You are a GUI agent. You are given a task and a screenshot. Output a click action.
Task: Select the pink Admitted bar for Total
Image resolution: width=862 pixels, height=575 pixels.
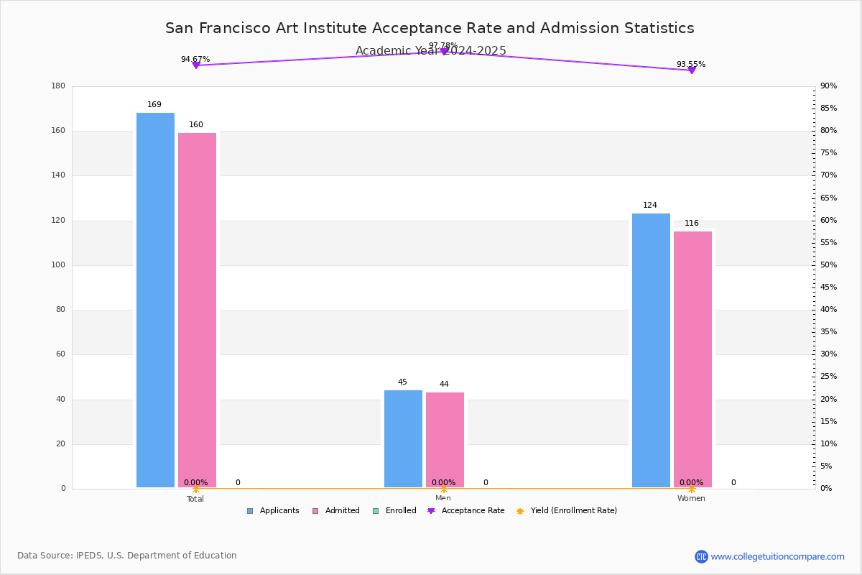point(197,310)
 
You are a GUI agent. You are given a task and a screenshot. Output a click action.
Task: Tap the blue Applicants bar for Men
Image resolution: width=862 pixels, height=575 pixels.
point(403,438)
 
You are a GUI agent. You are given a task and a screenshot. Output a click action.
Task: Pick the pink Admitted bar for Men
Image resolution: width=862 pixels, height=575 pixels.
point(445,439)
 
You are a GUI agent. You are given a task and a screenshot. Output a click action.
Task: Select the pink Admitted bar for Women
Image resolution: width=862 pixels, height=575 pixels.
point(692,359)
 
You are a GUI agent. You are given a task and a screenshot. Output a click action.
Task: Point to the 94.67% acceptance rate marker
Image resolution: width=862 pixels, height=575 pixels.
point(195,65)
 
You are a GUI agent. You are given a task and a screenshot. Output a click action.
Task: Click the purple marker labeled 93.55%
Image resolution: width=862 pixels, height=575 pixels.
point(692,70)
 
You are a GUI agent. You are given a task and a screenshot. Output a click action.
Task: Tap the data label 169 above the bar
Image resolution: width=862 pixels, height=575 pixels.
point(154,105)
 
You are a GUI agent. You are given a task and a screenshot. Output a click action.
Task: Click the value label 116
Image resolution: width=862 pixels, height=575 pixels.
point(692,224)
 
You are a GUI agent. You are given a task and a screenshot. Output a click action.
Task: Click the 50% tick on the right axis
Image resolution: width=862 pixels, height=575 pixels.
point(828,265)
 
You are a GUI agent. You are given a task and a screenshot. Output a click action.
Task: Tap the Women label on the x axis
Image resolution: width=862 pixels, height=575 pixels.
point(691,499)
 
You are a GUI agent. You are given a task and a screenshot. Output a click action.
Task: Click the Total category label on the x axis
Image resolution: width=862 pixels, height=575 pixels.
point(195,499)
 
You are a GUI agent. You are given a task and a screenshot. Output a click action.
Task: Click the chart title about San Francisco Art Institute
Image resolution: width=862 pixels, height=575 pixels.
point(430,28)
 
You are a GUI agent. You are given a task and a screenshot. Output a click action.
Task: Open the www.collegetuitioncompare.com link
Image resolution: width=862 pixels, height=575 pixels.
point(777,556)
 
